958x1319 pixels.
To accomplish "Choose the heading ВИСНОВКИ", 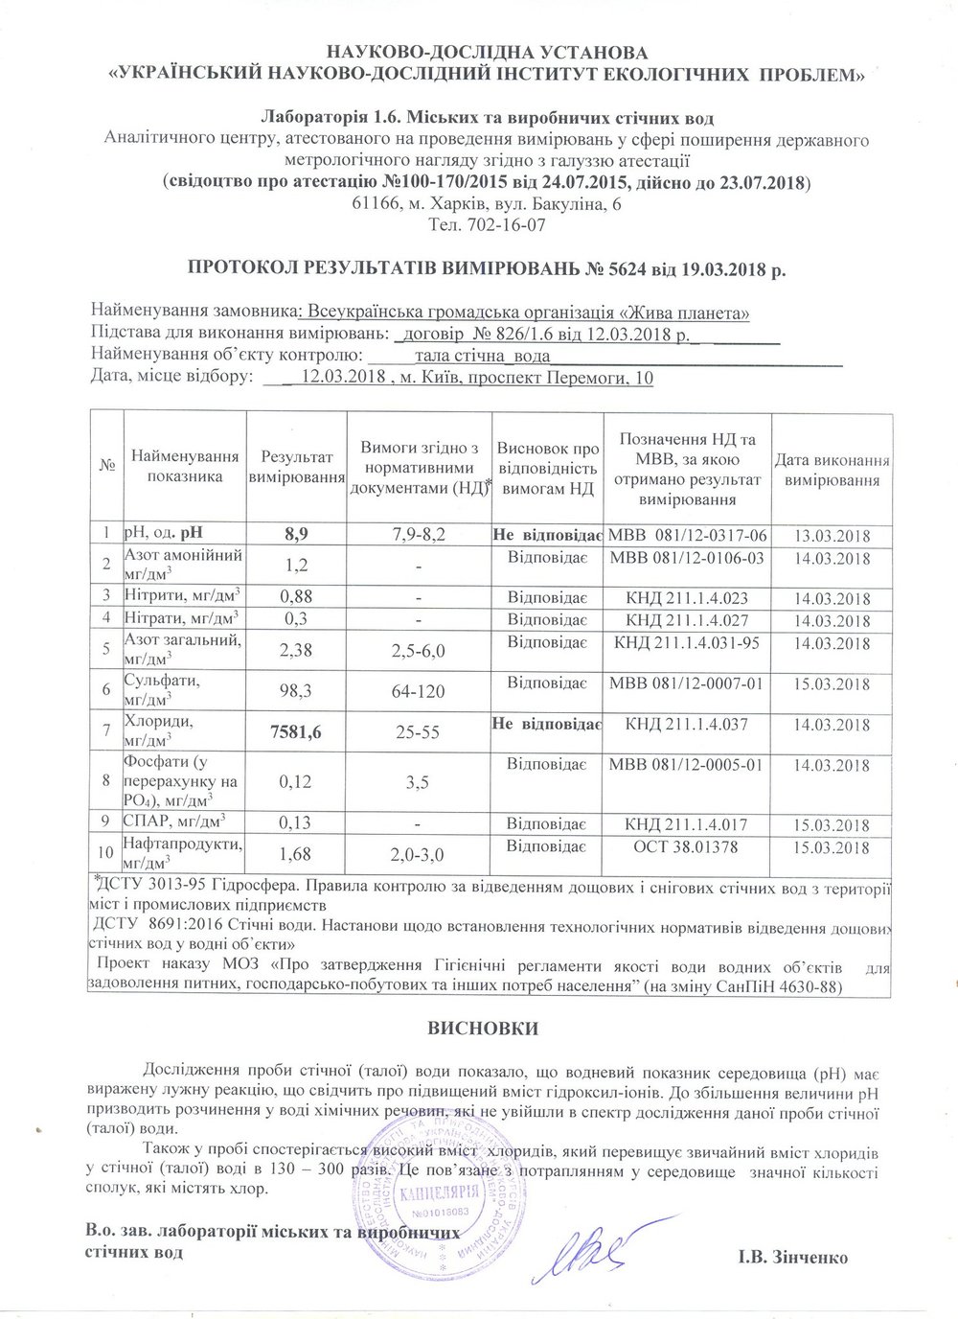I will [482, 1029].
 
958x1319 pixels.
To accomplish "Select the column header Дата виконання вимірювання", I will [832, 470].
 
